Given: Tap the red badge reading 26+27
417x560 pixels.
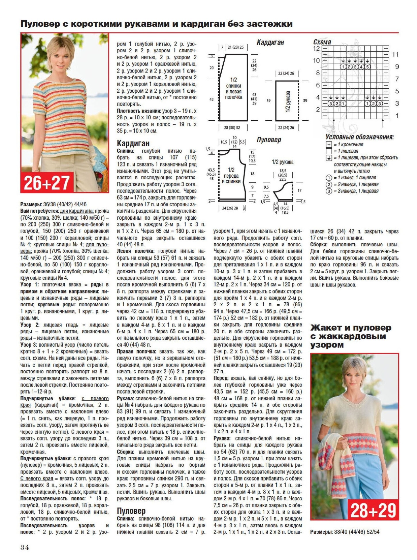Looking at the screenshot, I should coord(47,183).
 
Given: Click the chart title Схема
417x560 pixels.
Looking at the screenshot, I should coord(322,42).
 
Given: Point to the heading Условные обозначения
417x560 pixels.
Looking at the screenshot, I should coord(359,137).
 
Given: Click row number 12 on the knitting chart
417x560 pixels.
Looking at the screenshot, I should coord(316,48).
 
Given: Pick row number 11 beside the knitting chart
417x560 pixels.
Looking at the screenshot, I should coord(395,54).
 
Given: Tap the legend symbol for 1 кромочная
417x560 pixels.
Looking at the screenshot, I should coord(329,145).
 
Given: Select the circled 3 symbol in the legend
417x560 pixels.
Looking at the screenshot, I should coord(329,191).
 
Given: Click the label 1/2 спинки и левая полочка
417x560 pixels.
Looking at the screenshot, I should coord(234,88).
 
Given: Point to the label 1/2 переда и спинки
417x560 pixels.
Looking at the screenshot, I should coord(231,175).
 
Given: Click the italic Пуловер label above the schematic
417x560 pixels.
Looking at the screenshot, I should coord(269,140).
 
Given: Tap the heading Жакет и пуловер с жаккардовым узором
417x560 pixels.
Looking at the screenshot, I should coord(351,336).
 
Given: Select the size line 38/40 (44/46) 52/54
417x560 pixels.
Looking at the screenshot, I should coord(357,532).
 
